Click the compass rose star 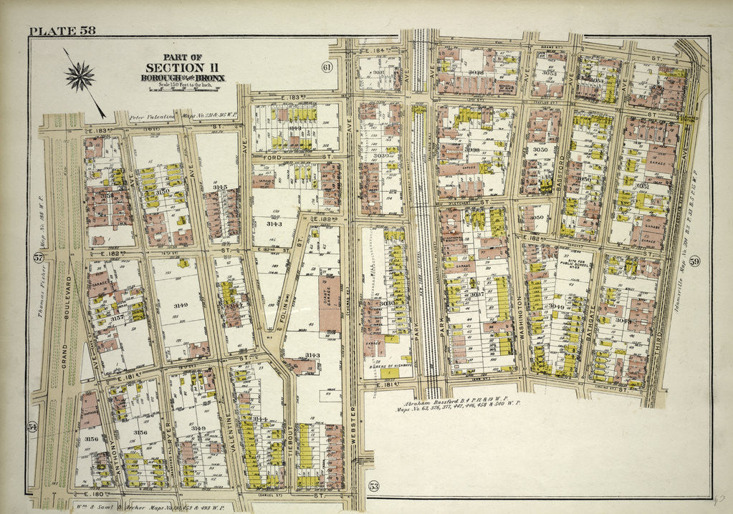point(80,74)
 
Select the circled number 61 point(327,67)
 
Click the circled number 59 point(694,261)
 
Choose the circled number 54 point(32,427)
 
